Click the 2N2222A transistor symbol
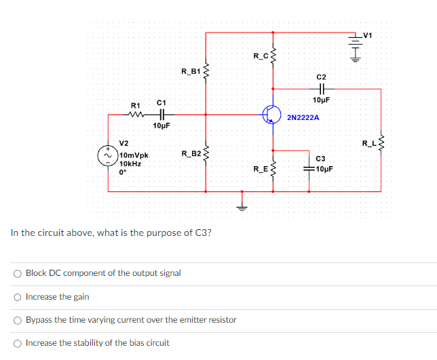pyautogui.click(x=272, y=115)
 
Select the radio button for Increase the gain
pyautogui.click(x=17, y=297)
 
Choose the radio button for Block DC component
pyautogui.click(x=17, y=273)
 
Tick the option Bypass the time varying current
pyautogui.click(x=17, y=320)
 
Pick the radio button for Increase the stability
pyautogui.click(x=17, y=342)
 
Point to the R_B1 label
pyautogui.click(x=191, y=71)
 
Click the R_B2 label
pyautogui.click(x=191, y=154)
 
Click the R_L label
pyautogui.click(x=368, y=143)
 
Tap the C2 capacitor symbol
pyautogui.click(x=321, y=88)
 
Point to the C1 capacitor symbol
pyautogui.click(x=161, y=115)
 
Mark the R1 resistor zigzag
pyautogui.click(x=136, y=115)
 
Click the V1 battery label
pyautogui.click(x=368, y=35)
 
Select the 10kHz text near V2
pyautogui.click(x=131, y=163)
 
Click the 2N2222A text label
pyautogui.click(x=303, y=118)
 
